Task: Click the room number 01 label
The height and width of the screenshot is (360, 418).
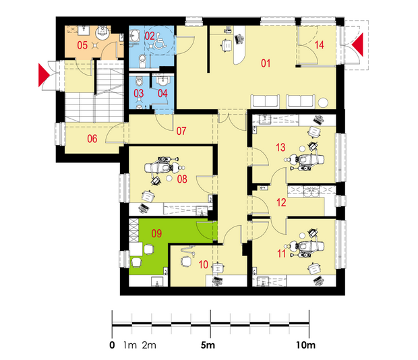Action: [x=266, y=63]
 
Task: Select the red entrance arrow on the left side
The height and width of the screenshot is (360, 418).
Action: [x=44, y=75]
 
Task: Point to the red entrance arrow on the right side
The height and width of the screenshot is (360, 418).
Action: [x=357, y=44]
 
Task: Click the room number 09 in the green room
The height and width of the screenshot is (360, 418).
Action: [x=156, y=233]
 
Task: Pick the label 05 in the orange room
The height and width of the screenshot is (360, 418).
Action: [x=82, y=45]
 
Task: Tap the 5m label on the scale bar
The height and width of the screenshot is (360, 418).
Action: [x=208, y=345]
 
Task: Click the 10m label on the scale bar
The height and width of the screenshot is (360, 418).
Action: [x=305, y=345]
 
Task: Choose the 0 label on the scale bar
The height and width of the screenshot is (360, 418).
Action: [x=112, y=345]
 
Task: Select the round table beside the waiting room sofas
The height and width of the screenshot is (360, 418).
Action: [x=324, y=103]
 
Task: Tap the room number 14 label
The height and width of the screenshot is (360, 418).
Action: [x=319, y=44]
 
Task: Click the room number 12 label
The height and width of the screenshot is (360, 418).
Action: [x=281, y=202]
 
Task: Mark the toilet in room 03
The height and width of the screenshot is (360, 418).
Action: [x=140, y=81]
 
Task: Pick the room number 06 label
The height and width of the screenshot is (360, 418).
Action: [x=92, y=139]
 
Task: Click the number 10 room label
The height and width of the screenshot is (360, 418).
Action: [x=204, y=264]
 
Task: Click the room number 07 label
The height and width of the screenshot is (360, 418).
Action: [x=181, y=131]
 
